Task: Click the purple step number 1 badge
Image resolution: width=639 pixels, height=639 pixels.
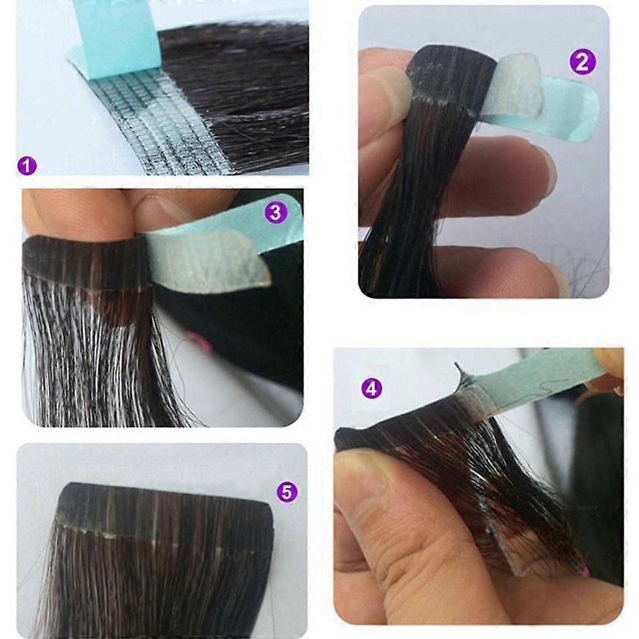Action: [x=27, y=166]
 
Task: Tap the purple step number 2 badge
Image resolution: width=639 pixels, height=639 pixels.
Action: [x=582, y=62]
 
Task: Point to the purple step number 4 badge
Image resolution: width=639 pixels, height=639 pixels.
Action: [x=372, y=389]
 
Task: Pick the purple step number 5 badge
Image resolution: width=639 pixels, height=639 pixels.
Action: [x=287, y=492]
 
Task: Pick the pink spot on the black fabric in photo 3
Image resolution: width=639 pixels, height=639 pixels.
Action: [x=201, y=343]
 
